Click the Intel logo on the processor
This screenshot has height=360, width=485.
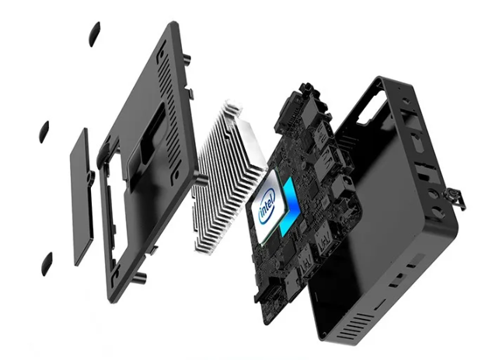[x=267, y=206]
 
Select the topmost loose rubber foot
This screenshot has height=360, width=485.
[x=95, y=33]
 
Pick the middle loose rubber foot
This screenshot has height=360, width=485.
[x=44, y=131]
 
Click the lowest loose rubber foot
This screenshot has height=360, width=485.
[x=47, y=264]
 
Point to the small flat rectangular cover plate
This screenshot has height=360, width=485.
[x=82, y=197]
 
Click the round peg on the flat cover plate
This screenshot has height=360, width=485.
[x=90, y=177]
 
